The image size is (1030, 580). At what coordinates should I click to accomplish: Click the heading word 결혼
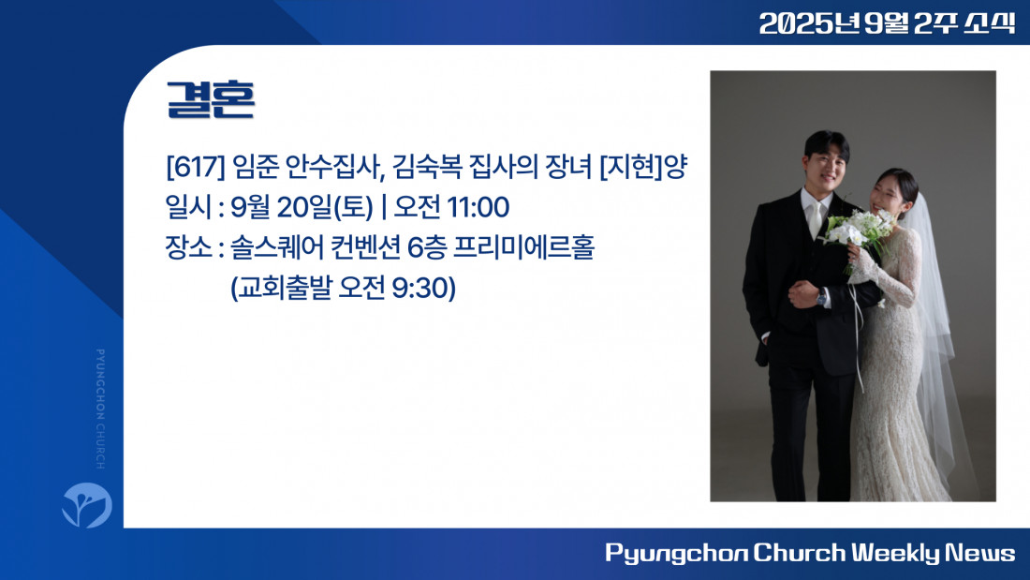[211, 99]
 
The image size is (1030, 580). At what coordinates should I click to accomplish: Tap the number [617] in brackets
[195, 167]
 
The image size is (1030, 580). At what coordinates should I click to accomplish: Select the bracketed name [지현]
[631, 167]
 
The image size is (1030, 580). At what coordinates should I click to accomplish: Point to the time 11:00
[478, 207]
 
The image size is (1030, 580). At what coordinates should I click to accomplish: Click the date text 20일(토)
[325, 207]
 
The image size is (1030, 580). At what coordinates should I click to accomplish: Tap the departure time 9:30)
[423, 288]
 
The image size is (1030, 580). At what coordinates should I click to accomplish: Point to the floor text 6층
[427, 248]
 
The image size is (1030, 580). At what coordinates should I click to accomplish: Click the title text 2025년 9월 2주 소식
[887, 23]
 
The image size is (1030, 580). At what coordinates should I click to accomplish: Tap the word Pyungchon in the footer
[675, 554]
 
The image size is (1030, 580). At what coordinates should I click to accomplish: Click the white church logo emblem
[87, 505]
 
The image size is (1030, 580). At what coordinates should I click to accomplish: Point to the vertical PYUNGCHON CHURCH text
[100, 409]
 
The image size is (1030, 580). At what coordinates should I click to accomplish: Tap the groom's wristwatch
[822, 297]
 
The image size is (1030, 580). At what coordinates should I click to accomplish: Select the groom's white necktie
[815, 218]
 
